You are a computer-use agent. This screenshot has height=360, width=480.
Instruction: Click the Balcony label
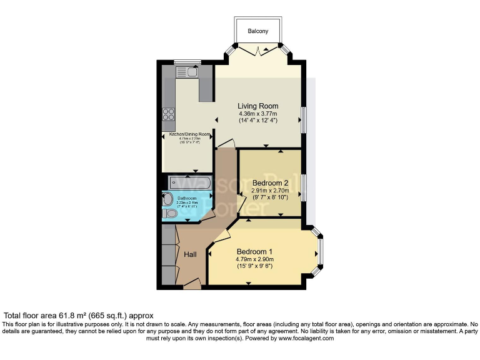(x=257, y=31)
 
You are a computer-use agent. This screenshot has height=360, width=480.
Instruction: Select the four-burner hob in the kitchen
(x=169, y=114)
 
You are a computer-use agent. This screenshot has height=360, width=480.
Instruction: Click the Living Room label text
(x=257, y=106)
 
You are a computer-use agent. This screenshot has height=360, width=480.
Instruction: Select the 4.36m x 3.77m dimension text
(x=257, y=114)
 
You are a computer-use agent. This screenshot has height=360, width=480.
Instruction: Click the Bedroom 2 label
(x=269, y=183)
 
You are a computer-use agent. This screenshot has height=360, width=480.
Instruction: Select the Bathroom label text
(x=186, y=198)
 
